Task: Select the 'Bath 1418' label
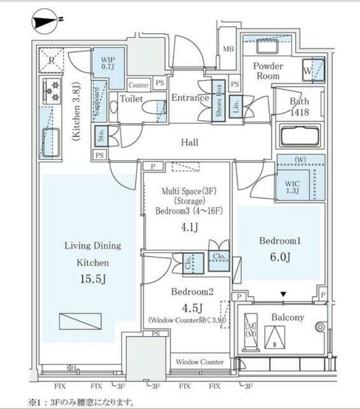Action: coord(299,107)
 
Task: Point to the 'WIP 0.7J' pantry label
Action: coord(107,63)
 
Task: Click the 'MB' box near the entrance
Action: coord(228,50)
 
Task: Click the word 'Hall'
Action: coord(190,142)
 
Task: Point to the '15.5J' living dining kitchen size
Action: coord(92,279)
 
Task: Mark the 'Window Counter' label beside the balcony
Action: coord(199,362)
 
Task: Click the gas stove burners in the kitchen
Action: coord(52,91)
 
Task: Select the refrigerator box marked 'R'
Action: coord(51,60)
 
